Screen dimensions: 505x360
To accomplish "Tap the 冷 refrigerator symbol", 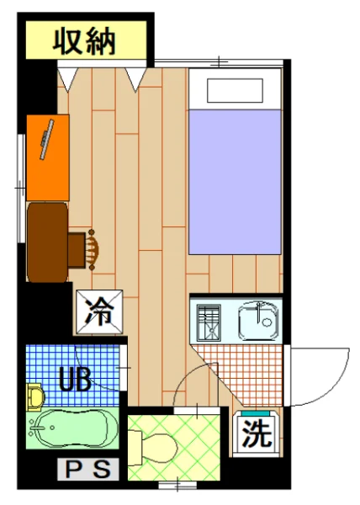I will click(x=100, y=313).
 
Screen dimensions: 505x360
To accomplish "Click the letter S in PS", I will click(x=101, y=470).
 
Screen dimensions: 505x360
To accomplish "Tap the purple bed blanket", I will click(x=234, y=181).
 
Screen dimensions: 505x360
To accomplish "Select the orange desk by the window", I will click(x=47, y=157).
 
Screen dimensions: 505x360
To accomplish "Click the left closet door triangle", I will click(x=66, y=78).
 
